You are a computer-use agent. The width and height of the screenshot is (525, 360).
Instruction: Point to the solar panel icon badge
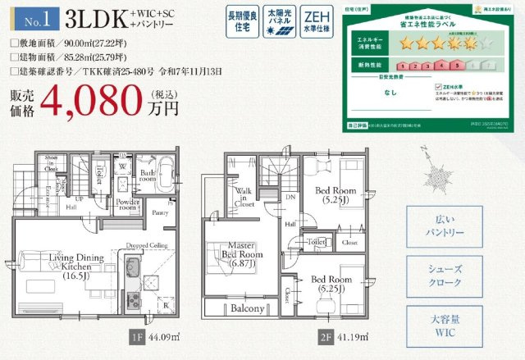coord(278,22)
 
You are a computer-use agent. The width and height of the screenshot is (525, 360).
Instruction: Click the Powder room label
coord(128,205)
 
